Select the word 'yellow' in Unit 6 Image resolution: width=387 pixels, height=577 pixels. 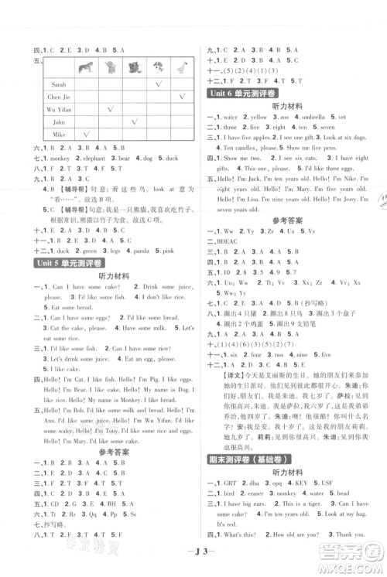(x=261, y=118)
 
